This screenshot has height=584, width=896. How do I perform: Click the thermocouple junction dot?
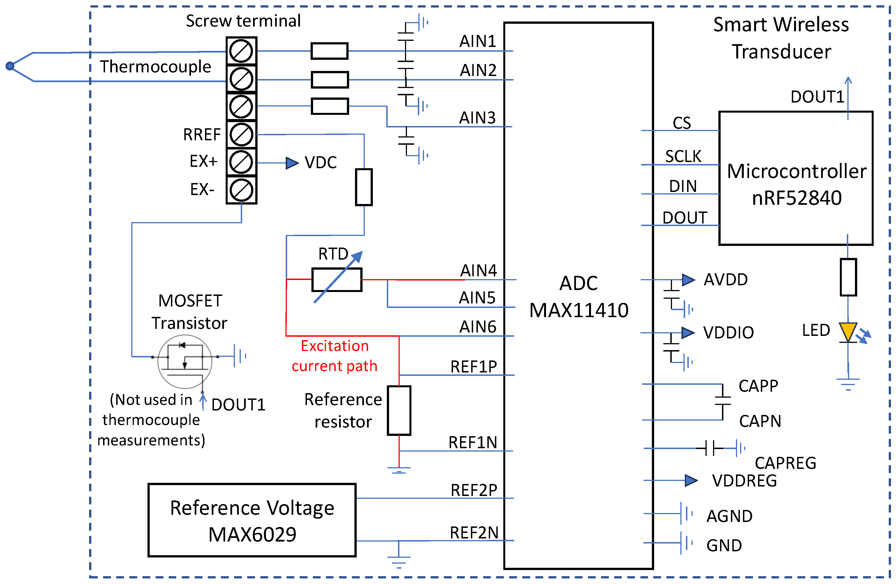pyautogui.click(x=10, y=66)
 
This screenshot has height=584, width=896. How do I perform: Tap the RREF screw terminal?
pyautogui.click(x=241, y=135)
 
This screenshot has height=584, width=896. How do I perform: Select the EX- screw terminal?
pyautogui.click(x=241, y=190)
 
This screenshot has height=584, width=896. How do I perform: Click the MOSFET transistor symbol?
pyautogui.click(x=185, y=362)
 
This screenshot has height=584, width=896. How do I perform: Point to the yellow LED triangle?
pyautogui.click(x=848, y=331)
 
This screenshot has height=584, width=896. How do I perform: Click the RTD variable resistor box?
pyautogui.click(x=337, y=280)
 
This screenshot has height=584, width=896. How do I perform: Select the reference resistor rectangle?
pyautogui.click(x=399, y=410)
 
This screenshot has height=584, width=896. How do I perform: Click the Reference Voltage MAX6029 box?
pyautogui.click(x=252, y=520)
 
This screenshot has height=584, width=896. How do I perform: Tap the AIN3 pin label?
pyautogui.click(x=477, y=118)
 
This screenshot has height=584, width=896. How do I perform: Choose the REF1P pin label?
pyautogui.click(x=474, y=367)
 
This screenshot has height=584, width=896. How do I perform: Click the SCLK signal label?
pyautogui.click(x=683, y=156)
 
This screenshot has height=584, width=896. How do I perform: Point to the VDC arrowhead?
pyautogui.click(x=292, y=163)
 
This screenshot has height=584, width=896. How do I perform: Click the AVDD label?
pyautogui.click(x=725, y=280)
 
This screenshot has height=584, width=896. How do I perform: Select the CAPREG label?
pyautogui.click(x=785, y=463)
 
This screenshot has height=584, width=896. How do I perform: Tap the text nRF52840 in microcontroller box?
pyautogui.click(x=797, y=198)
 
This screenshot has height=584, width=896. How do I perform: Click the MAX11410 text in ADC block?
pyautogui.click(x=579, y=310)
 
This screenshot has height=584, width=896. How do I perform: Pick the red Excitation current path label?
pyautogui.click(x=334, y=356)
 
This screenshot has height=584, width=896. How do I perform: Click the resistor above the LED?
pyautogui.click(x=848, y=277)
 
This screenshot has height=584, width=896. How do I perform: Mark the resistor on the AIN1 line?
pyautogui.click(x=329, y=51)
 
